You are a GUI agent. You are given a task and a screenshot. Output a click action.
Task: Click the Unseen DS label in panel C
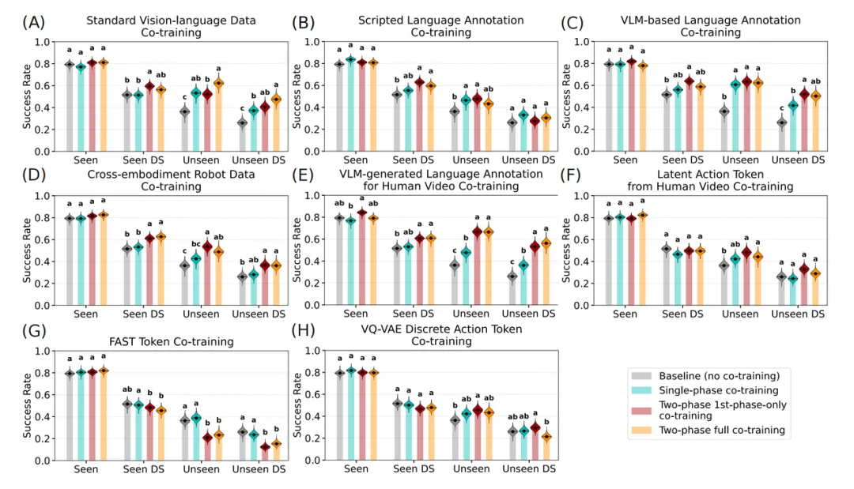click(x=797, y=160)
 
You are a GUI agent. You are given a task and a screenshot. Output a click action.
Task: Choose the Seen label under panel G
click(x=85, y=468)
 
